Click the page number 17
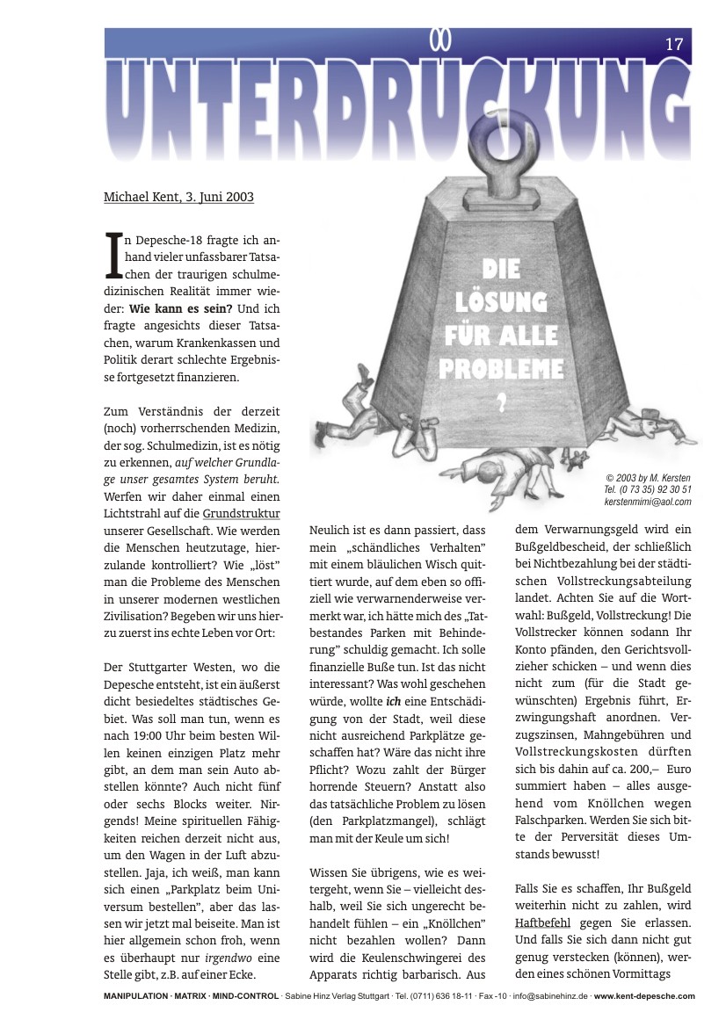pos(674,44)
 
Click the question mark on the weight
pos(502,403)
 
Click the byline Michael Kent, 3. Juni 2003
pos(178,197)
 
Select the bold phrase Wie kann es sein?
pos(181,309)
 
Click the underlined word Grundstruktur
pos(241,512)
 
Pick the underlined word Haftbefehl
pos(543,922)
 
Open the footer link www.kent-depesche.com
pos(643,995)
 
